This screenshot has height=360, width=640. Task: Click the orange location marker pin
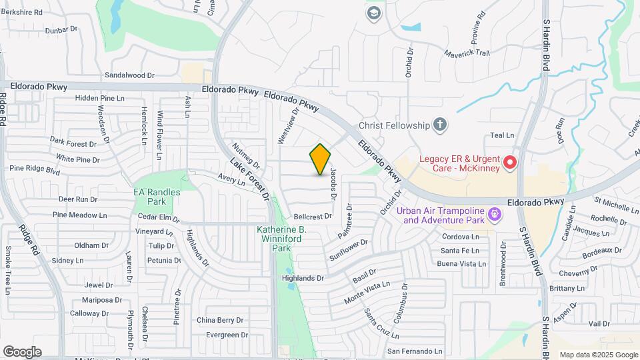321,159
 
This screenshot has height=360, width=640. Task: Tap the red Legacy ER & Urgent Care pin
510,162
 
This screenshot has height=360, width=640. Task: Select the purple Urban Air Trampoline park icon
494,215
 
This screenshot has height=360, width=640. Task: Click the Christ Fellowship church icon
439,124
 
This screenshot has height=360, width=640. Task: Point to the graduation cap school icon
373,13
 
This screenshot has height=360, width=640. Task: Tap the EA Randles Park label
157,197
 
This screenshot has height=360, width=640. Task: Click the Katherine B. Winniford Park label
281,238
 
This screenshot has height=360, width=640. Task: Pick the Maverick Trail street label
467,53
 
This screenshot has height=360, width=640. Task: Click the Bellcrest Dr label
313,217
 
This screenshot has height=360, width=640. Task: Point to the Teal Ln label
502,135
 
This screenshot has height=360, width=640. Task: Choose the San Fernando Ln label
415,351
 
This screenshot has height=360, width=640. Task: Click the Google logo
22,352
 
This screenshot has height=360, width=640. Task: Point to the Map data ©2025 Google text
598,355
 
